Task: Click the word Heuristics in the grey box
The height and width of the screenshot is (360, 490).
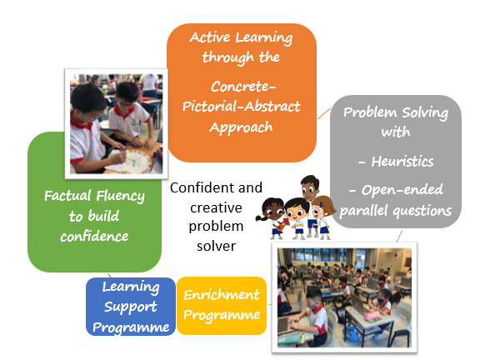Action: pyautogui.click(x=402, y=162)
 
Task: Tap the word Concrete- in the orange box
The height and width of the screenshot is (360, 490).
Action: pyautogui.click(x=243, y=87)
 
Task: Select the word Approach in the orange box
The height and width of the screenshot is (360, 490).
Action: pyautogui.click(x=241, y=127)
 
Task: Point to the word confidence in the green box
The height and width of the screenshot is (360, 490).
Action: pyautogui.click(x=94, y=237)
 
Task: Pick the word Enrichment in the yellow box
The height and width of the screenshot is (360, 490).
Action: pyautogui.click(x=222, y=295)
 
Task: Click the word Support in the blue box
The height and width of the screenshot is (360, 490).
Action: pyautogui.click(x=131, y=307)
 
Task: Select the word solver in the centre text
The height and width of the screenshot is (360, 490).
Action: pyautogui.click(x=217, y=247)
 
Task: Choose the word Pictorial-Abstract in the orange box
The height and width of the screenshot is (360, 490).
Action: pyautogui.click(x=242, y=107)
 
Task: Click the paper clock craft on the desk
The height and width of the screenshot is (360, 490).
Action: pyautogui.click(x=137, y=161)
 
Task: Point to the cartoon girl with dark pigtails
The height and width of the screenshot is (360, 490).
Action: pyautogui.click(x=272, y=218)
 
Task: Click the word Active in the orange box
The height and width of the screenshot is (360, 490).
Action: pyautogui.click(x=210, y=37)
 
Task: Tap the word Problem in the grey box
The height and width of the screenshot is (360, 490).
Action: pyautogui.click(x=370, y=112)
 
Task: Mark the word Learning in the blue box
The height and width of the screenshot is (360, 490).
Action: pyautogui.click(x=131, y=287)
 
